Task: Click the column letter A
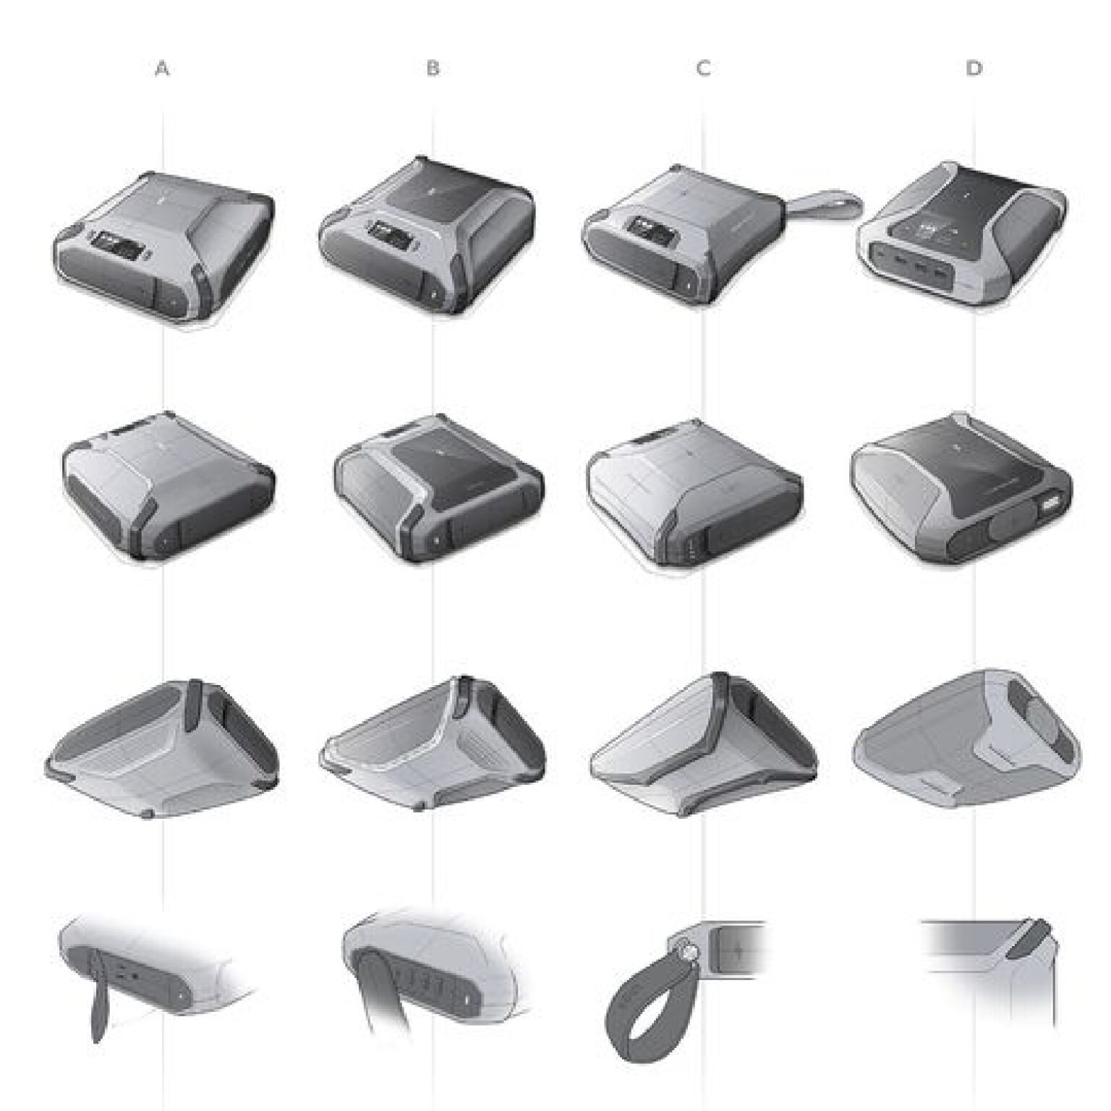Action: click(163, 69)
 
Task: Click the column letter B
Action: click(433, 69)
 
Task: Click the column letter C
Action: click(703, 69)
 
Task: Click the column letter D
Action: click(974, 69)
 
